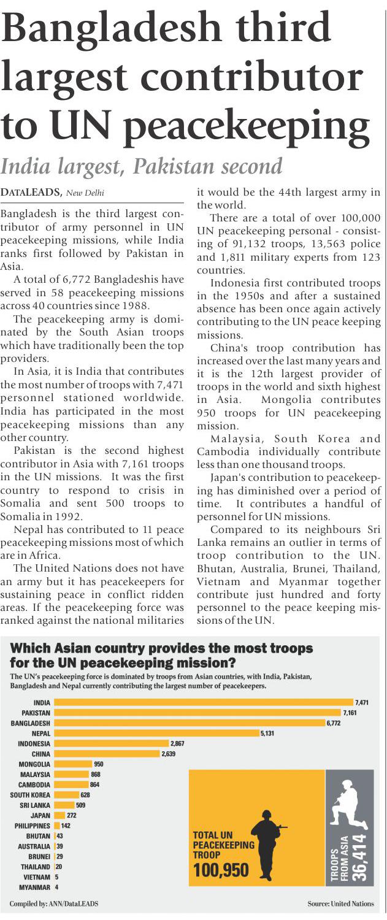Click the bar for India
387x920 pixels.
pyautogui.click(x=202, y=702)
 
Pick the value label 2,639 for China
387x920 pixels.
pyautogui.click(x=169, y=754)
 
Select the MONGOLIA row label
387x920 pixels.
pyautogui.click(x=34, y=764)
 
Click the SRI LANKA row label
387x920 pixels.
pyautogui.click(x=35, y=805)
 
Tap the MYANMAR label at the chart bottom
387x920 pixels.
pyautogui.click(x=35, y=887)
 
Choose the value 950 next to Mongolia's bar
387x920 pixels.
pyautogui.click(x=98, y=764)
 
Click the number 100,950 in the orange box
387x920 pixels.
pyautogui.click(x=221, y=870)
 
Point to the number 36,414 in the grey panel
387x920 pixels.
pyautogui.click(x=359, y=857)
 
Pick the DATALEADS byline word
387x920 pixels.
pyautogui.click(x=31, y=193)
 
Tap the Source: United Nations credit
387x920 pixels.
pyautogui.click(x=340, y=903)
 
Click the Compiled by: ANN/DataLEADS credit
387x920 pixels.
pyautogui.click(x=54, y=903)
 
